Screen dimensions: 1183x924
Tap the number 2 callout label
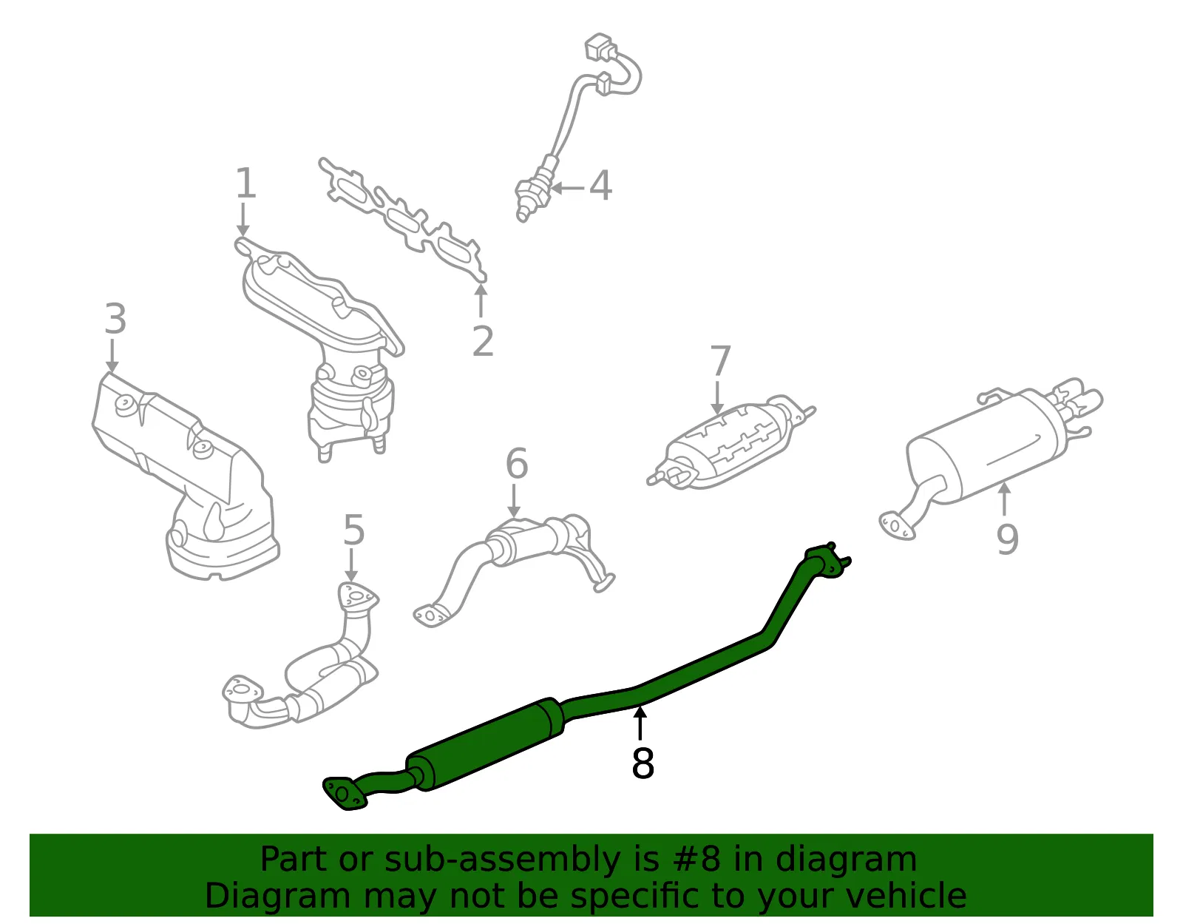point(483,341)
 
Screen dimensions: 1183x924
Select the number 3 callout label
point(115,319)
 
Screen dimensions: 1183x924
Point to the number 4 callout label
point(600,185)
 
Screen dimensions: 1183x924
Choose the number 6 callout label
point(517,463)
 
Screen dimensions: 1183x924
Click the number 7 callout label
point(719,360)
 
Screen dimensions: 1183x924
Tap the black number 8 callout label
point(643,763)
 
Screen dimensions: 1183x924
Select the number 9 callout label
point(1006,539)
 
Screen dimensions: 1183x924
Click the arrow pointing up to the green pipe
point(640,722)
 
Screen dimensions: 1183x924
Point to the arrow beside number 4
point(567,189)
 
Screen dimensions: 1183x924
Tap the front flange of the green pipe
point(344,793)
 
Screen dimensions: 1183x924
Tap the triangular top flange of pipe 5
point(358,596)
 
